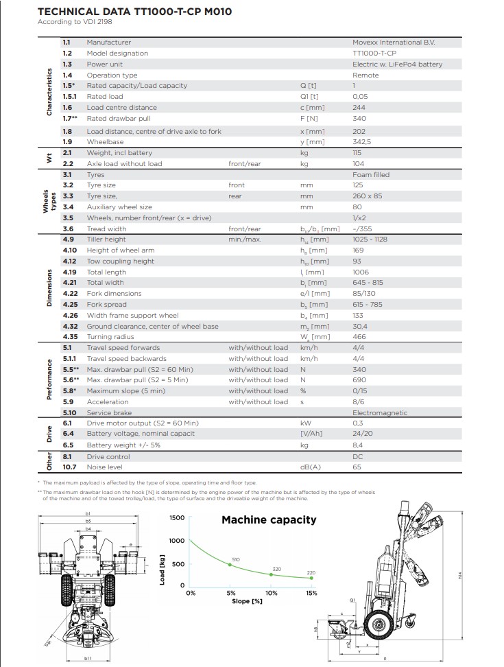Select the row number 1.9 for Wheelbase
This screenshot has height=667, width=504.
[x=67, y=142]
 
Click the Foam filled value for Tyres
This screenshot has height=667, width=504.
[x=371, y=175]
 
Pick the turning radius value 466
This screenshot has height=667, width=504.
[x=359, y=337]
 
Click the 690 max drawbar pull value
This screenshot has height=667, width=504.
[x=359, y=380]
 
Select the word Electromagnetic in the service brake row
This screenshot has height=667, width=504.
[x=380, y=413]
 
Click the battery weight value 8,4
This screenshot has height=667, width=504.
[x=357, y=445]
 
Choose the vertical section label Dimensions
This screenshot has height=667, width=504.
[x=49, y=288]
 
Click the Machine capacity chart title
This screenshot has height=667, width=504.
[x=269, y=519]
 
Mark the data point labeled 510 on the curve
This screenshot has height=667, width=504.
[x=230, y=565]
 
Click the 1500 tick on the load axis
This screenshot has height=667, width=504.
[x=177, y=517]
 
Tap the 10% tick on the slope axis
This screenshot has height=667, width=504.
[x=271, y=594]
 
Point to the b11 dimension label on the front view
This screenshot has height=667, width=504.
[x=88, y=657]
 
